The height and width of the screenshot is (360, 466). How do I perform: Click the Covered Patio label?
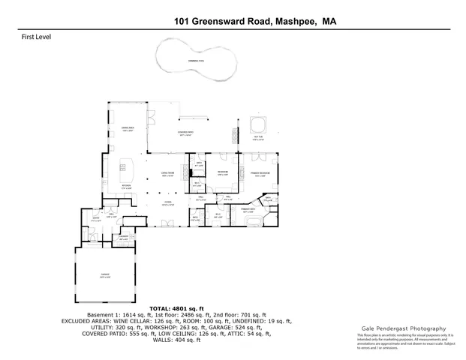pyautogui.click(x=186, y=134)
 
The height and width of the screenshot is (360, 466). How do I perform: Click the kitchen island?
pyautogui.click(x=124, y=165)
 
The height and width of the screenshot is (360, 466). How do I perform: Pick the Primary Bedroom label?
pyautogui.click(x=260, y=175)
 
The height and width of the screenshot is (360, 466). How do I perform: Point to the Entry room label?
pyautogui.click(x=96, y=220)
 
